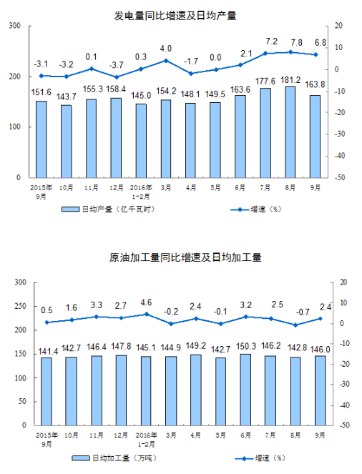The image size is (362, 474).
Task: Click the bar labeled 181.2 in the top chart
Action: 290,132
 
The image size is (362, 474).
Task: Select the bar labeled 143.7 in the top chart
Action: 67,142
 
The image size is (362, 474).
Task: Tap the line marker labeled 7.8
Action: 290,52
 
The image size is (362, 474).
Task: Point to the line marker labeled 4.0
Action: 166,61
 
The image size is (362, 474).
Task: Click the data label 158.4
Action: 116,89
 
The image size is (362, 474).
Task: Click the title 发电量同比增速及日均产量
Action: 175,16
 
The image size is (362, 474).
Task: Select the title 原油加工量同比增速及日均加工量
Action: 185,257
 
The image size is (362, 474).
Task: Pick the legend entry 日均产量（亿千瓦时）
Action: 108,209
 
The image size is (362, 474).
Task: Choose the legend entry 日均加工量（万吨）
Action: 114,458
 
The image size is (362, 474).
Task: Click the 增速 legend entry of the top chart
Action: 256,209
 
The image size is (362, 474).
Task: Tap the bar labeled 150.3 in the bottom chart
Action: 245,390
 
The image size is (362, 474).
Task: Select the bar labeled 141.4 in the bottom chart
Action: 47,392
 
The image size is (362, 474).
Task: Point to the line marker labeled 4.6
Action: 147,314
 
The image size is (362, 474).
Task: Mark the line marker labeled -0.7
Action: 295,325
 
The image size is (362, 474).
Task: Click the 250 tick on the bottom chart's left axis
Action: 21,306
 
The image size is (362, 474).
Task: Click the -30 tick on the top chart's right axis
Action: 340,134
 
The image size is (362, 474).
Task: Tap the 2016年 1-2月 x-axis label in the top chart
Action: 141,192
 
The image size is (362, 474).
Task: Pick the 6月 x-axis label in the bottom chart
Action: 245,435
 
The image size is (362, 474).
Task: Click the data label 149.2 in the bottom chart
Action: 196,346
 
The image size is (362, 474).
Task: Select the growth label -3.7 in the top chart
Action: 116,65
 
